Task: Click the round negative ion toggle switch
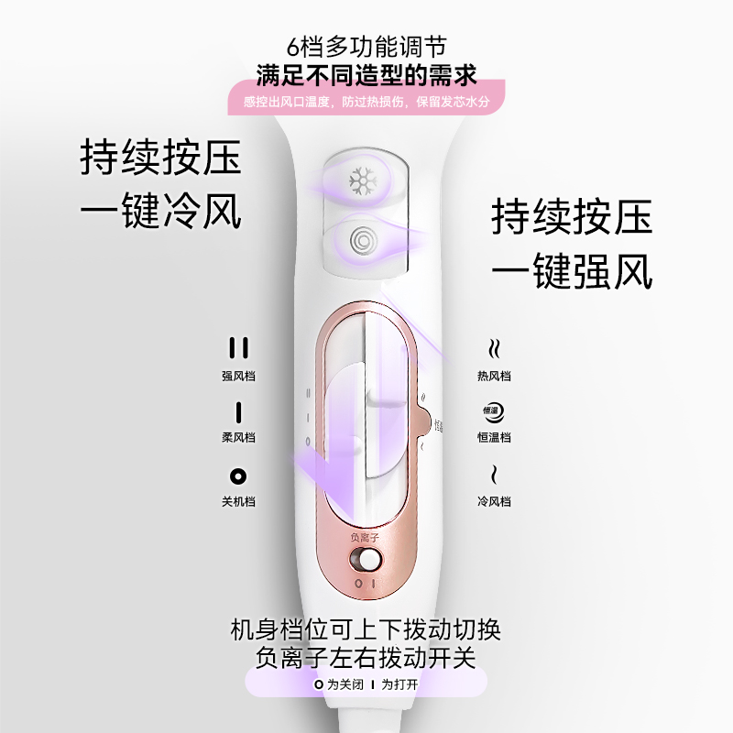[x=369, y=559]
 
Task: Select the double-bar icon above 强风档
[x=238, y=348]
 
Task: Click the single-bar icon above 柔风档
[x=238, y=411]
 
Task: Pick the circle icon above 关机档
[x=238, y=476]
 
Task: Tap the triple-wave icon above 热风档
[x=494, y=348]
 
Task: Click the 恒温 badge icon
[x=494, y=411]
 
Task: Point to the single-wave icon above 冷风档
[x=494, y=475]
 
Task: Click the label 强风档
[x=238, y=376]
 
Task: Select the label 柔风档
[x=238, y=438]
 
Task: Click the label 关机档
[x=238, y=501]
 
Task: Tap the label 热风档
[x=494, y=376]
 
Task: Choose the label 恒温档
[x=494, y=438]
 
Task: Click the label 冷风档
[x=494, y=501]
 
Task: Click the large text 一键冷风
[x=160, y=212]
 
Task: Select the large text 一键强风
[x=572, y=271]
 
